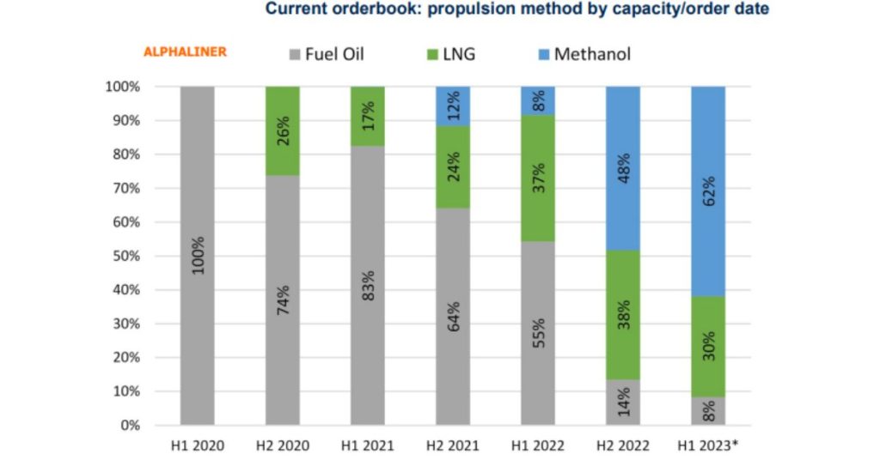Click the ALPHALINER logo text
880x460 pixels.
185,52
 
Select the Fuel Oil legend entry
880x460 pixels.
323,54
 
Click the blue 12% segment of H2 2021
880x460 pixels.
453,106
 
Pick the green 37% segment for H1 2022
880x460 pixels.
538,179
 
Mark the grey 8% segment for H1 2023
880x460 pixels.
708,411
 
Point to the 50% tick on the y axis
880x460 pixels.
122,256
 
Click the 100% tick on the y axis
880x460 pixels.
119,87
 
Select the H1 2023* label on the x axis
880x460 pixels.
710,446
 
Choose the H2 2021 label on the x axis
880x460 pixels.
453,446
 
